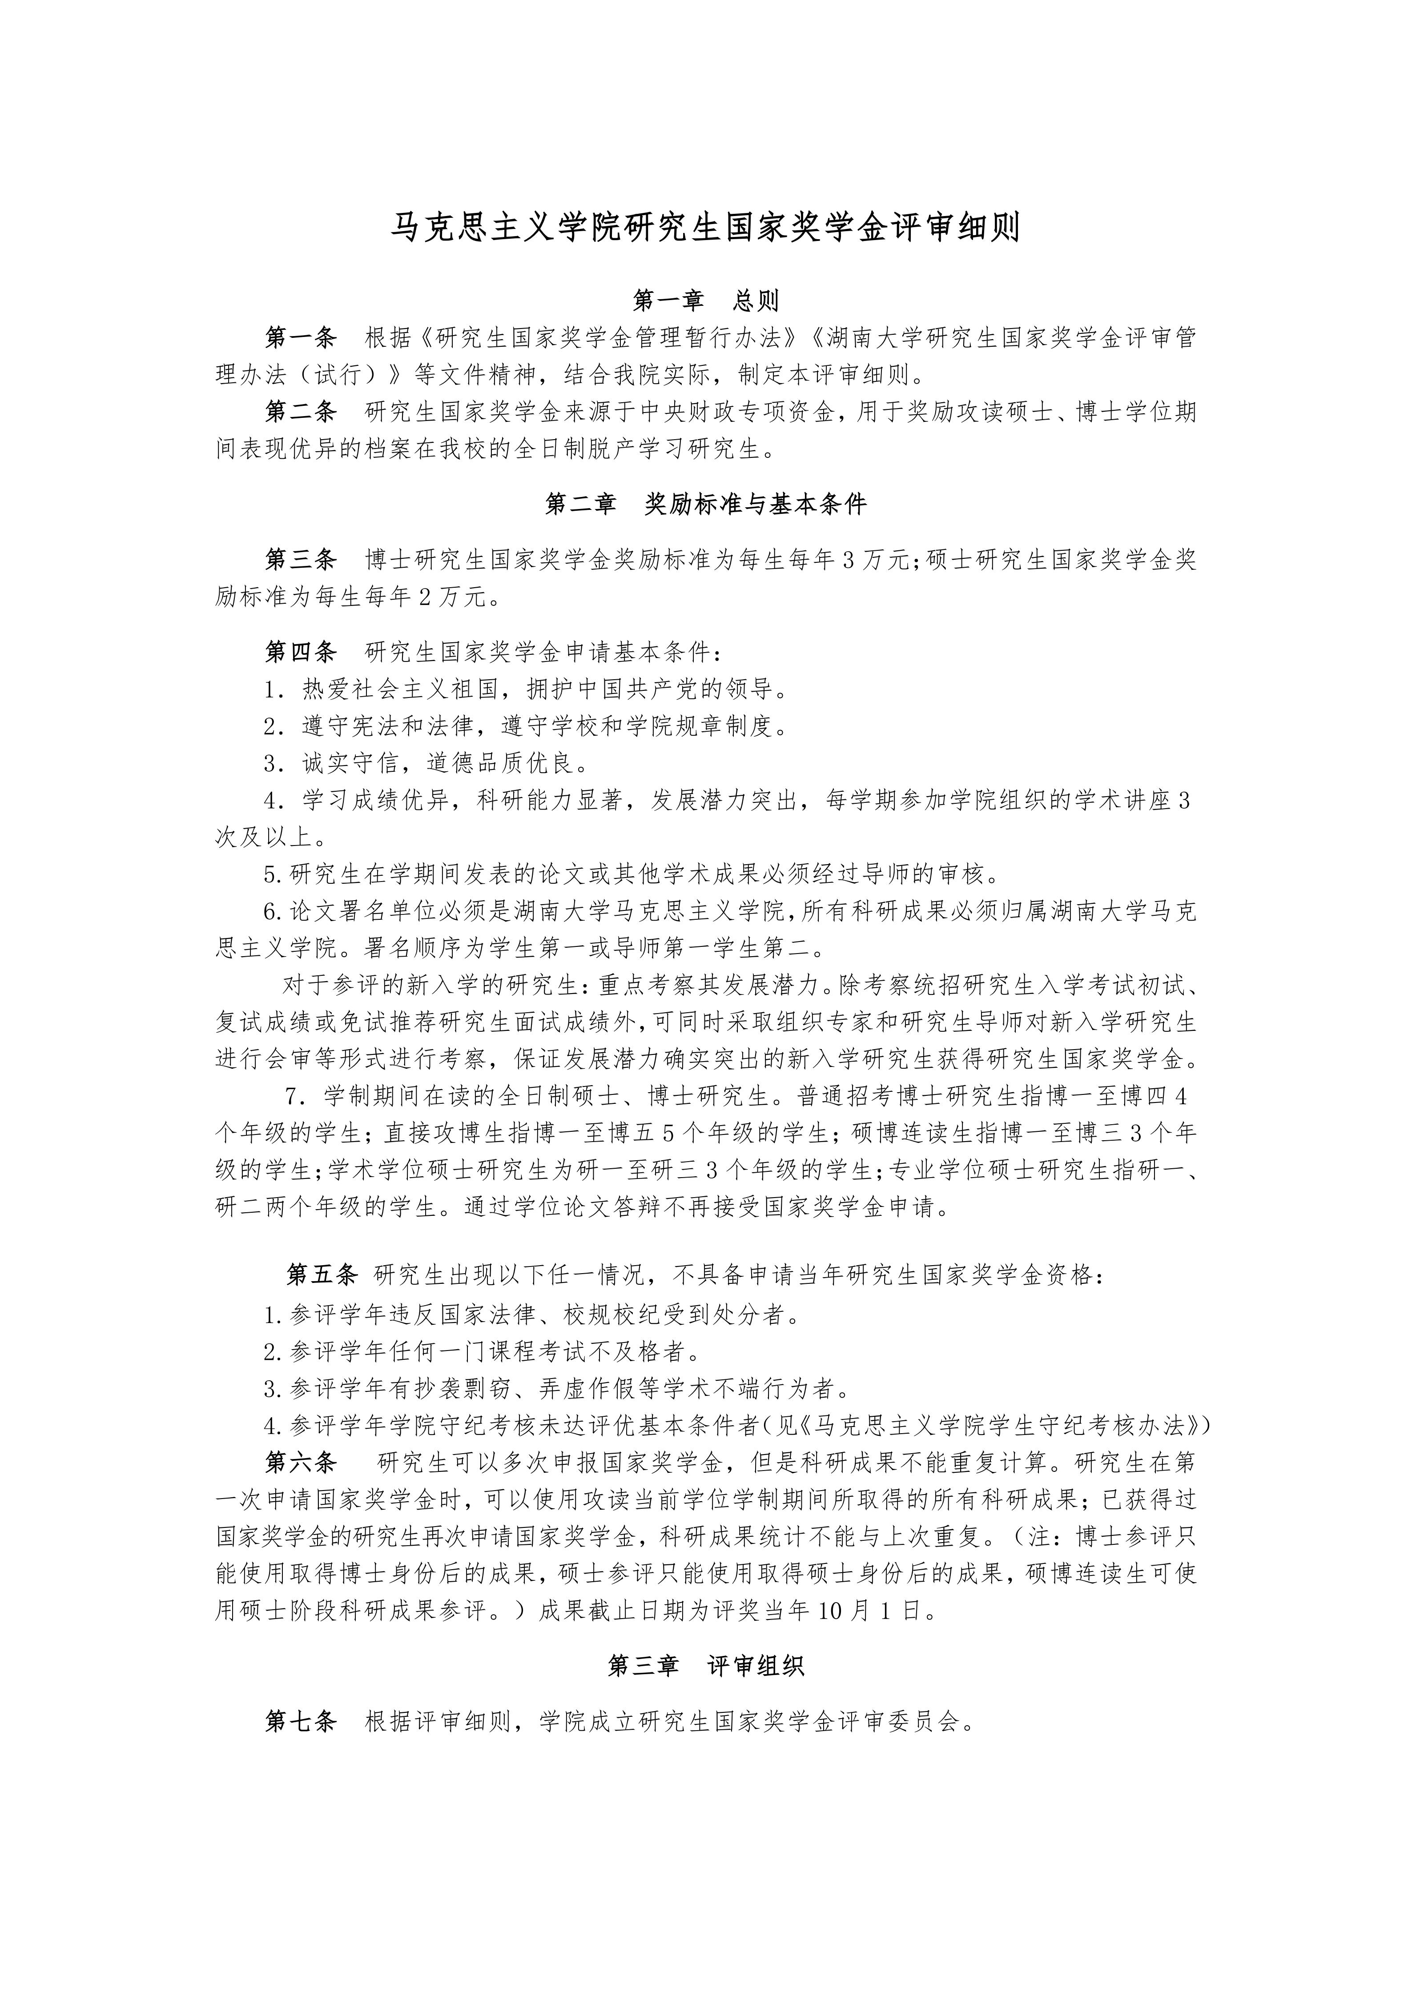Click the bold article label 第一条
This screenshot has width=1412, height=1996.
point(300,337)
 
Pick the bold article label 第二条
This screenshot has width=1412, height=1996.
point(300,411)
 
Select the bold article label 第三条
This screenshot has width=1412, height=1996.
point(300,559)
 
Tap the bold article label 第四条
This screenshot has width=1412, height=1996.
point(300,651)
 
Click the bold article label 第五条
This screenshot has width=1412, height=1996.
point(322,1275)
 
